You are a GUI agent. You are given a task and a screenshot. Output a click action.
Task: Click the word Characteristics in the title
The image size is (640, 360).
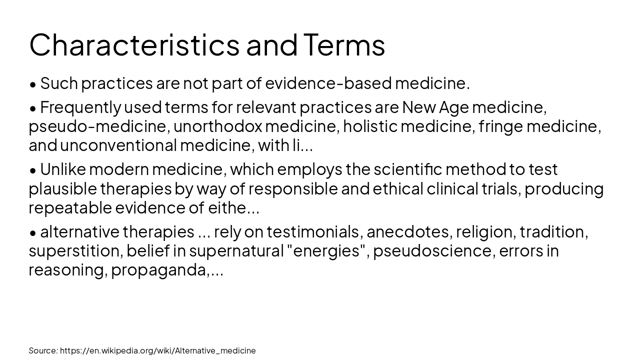(134, 44)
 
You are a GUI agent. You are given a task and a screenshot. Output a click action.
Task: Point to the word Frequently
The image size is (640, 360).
(80, 107)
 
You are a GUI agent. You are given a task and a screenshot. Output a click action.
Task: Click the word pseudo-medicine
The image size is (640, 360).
(97, 126)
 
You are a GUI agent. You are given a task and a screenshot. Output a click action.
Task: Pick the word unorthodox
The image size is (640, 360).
(217, 126)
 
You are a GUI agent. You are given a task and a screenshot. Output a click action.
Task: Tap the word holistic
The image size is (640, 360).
(369, 126)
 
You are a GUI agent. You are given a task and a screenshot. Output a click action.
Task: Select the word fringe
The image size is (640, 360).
(500, 126)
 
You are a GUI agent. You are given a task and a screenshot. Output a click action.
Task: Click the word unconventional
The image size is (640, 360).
(118, 145)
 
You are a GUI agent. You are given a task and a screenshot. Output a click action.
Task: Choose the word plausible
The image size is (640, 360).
(62, 189)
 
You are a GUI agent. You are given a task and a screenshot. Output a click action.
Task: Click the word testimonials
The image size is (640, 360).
(312, 232)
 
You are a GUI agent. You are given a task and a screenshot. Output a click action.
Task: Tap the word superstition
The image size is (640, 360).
(75, 251)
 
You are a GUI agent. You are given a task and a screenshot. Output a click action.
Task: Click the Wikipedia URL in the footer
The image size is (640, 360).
(157, 350)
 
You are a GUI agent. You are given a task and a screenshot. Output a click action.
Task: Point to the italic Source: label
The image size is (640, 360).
(43, 350)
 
